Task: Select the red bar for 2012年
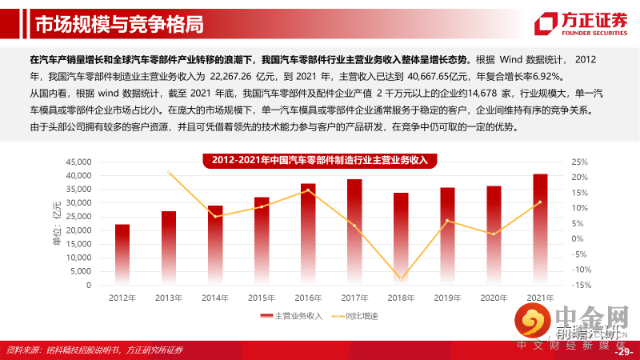(122, 254)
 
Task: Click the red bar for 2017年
(354, 232)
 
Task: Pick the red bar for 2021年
(541, 230)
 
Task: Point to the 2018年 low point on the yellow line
(402, 279)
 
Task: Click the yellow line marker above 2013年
(169, 172)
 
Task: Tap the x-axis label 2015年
(262, 298)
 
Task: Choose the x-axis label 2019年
(447, 298)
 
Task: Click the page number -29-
(623, 351)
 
